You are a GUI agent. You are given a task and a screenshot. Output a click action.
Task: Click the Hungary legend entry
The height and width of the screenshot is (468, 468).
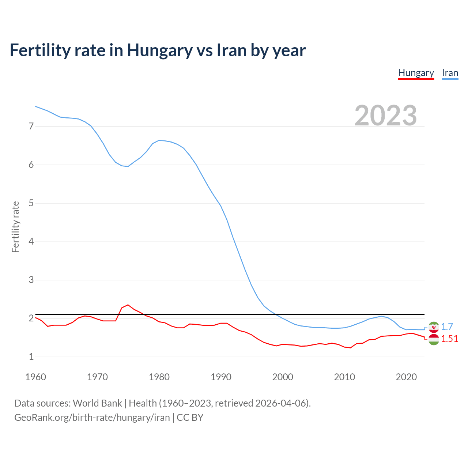click(x=416, y=73)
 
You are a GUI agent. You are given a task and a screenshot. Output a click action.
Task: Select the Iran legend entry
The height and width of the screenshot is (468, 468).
click(x=450, y=73)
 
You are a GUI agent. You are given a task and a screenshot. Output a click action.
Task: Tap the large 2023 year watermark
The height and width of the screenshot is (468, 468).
click(x=386, y=116)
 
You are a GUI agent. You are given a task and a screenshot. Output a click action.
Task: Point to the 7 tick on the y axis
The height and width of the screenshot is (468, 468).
click(x=31, y=127)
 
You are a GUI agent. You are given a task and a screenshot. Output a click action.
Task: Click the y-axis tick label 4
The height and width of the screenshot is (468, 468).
click(x=31, y=242)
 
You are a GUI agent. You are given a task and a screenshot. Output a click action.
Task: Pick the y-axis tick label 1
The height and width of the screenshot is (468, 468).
click(x=31, y=357)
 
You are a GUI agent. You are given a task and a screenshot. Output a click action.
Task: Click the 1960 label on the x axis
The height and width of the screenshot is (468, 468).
click(x=35, y=377)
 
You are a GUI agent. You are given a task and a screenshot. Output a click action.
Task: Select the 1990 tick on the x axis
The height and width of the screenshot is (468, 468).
click(x=221, y=377)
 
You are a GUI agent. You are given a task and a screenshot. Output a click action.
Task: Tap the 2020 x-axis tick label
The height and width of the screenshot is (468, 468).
click(x=406, y=377)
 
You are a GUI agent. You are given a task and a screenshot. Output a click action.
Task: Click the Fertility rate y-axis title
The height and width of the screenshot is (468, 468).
click(x=15, y=227)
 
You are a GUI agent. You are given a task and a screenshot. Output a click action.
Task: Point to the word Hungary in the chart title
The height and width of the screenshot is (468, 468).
click(x=159, y=50)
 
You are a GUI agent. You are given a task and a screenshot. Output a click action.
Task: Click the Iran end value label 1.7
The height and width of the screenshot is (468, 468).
click(x=447, y=327)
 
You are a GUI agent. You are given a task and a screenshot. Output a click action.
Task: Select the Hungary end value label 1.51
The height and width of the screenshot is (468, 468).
click(x=449, y=339)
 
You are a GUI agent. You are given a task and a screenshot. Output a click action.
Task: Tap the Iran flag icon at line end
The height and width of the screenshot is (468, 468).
click(x=434, y=327)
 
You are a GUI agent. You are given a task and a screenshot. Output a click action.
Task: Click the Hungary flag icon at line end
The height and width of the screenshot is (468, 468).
click(x=434, y=339)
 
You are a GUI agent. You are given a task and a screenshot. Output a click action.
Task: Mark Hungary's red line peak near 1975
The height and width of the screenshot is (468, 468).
click(x=128, y=305)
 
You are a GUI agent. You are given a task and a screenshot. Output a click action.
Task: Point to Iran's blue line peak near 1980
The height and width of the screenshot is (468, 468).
click(x=159, y=140)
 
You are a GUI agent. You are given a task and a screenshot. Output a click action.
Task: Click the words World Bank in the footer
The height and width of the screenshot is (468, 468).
click(x=97, y=403)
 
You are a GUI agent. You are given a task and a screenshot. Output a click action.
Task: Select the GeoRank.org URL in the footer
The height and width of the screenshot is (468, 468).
click(x=92, y=418)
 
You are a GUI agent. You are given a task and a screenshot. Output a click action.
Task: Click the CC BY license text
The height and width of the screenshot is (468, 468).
click(x=190, y=418)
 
